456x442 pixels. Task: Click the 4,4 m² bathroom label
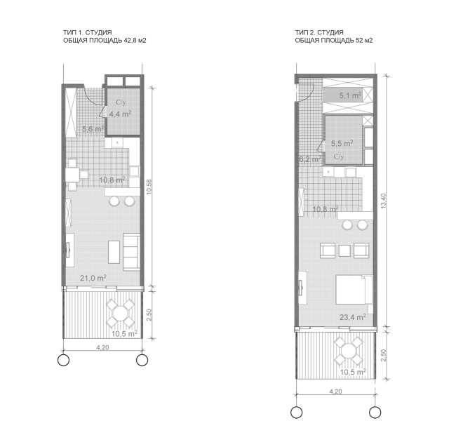click(x=120, y=114)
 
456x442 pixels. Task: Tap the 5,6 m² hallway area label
click(x=93, y=128)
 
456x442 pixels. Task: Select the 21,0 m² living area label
click(x=93, y=278)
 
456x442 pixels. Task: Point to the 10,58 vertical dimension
click(x=149, y=187)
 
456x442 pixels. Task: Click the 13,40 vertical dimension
click(x=384, y=201)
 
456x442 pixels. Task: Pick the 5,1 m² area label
click(x=351, y=95)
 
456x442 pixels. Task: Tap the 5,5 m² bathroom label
click(x=342, y=143)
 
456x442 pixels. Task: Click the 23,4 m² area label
click(x=353, y=317)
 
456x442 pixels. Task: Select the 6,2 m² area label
click(x=310, y=159)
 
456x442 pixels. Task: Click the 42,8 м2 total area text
click(x=135, y=41)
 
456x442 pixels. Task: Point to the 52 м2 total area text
click(x=364, y=41)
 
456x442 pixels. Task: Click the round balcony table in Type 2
click(x=348, y=351)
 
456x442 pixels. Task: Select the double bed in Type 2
click(x=354, y=290)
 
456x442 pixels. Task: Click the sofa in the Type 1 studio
click(x=131, y=252)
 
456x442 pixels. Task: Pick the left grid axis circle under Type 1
click(x=63, y=360)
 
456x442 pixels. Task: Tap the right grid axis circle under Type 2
click(x=375, y=413)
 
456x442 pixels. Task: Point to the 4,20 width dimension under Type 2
click(x=335, y=391)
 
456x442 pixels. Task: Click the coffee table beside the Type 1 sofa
click(x=114, y=252)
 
